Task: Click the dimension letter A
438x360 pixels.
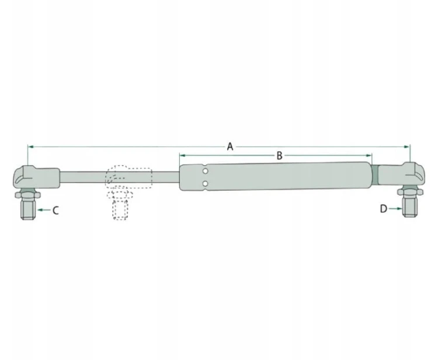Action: (x=230, y=146)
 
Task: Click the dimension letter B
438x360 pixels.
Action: (x=279, y=155)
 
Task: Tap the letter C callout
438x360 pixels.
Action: (x=55, y=210)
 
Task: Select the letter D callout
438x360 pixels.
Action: (x=384, y=208)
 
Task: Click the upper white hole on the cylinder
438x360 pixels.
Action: (x=206, y=171)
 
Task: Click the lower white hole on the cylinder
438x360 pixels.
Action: (x=206, y=183)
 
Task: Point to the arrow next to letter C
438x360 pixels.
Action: (x=44, y=210)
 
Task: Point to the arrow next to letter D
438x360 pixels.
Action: (x=395, y=208)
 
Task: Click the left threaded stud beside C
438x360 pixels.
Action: (x=29, y=209)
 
